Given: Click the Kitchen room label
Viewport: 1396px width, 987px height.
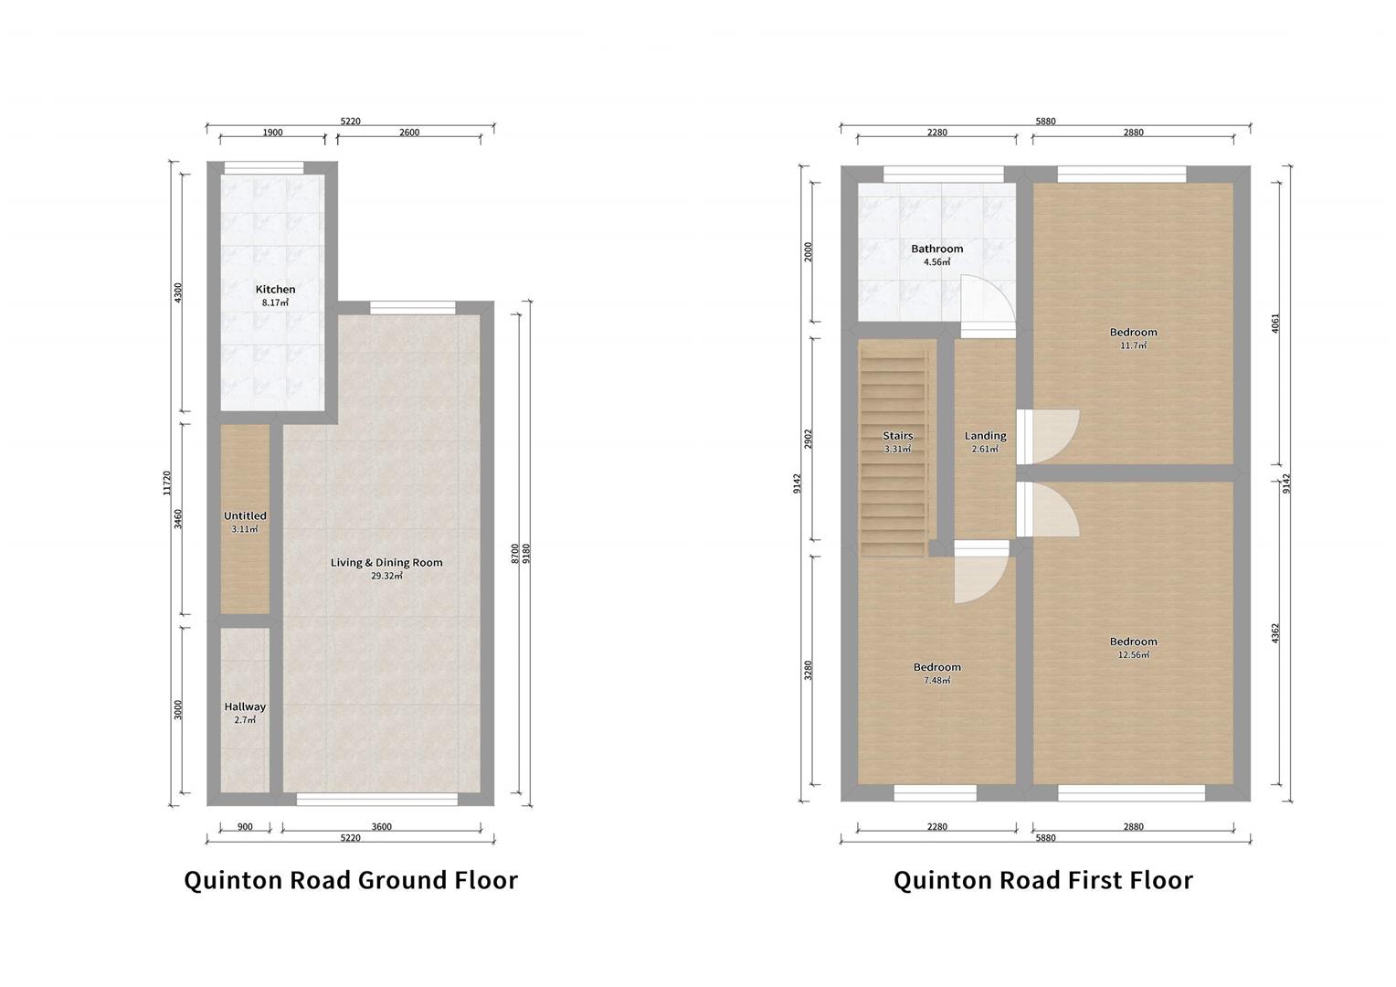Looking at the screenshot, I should (x=275, y=289).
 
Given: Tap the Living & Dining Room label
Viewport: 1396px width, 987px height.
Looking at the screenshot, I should (x=386, y=562).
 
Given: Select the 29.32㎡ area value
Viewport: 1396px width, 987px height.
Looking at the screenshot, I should (x=386, y=577).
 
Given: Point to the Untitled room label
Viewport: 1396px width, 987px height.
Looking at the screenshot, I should (x=245, y=515).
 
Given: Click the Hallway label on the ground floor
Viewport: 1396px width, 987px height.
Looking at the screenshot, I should (x=245, y=706).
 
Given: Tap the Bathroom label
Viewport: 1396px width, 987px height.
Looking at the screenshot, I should (x=936, y=249).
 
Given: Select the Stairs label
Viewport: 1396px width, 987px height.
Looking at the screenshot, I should (x=897, y=436).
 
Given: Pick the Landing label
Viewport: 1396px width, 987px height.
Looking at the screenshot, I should (x=985, y=436).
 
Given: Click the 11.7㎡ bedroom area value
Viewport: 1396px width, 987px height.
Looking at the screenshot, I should (x=1133, y=346).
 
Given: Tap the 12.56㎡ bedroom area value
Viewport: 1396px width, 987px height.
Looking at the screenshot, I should (x=1133, y=655).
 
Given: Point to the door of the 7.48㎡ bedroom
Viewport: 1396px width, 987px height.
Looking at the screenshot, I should (x=980, y=576).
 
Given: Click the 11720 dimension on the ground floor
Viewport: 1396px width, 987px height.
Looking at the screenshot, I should (x=166, y=483).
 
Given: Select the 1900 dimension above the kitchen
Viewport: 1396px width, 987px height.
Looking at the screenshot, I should (x=272, y=133).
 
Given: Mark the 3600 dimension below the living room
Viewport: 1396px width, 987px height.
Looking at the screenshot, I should (x=381, y=827).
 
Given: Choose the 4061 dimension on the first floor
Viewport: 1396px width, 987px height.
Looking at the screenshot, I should (x=1275, y=324).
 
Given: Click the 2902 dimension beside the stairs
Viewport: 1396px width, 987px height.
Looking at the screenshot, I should (x=808, y=439).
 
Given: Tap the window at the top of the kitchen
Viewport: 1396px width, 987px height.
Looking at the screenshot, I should (x=264, y=167).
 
